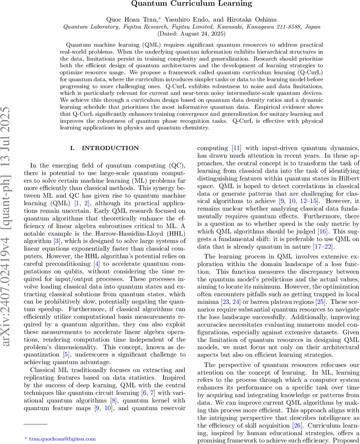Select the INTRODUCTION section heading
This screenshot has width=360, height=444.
(x=105, y=148)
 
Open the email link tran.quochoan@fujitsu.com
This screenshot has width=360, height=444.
(x=62, y=439)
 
